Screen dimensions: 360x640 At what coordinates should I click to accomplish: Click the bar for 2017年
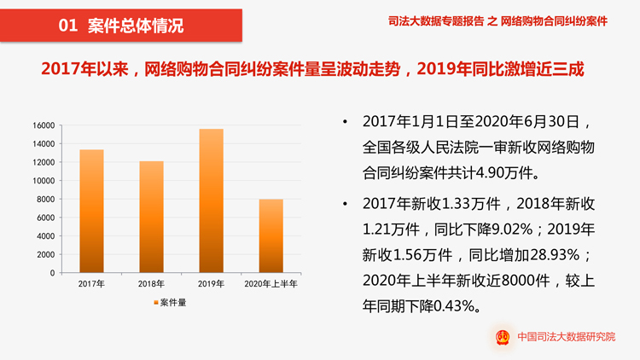pos(91,212)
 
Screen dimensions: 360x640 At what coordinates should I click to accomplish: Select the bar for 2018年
pos(151,217)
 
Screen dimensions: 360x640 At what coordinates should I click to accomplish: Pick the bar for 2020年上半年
pos(271,235)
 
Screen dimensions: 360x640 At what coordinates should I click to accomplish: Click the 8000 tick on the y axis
pos(46,200)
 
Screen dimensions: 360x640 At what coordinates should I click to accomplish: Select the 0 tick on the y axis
pos(52,273)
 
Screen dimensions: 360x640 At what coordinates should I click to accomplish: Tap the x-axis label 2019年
pos(211,284)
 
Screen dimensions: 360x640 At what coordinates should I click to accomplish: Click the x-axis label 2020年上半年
pos(271,284)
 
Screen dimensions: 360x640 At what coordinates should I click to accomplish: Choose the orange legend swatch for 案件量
pos(156,303)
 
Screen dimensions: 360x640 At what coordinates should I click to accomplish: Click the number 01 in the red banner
pos(67,26)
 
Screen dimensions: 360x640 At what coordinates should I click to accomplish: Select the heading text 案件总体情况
pos(136,26)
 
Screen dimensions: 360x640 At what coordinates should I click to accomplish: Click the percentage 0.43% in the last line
pos(465,305)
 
